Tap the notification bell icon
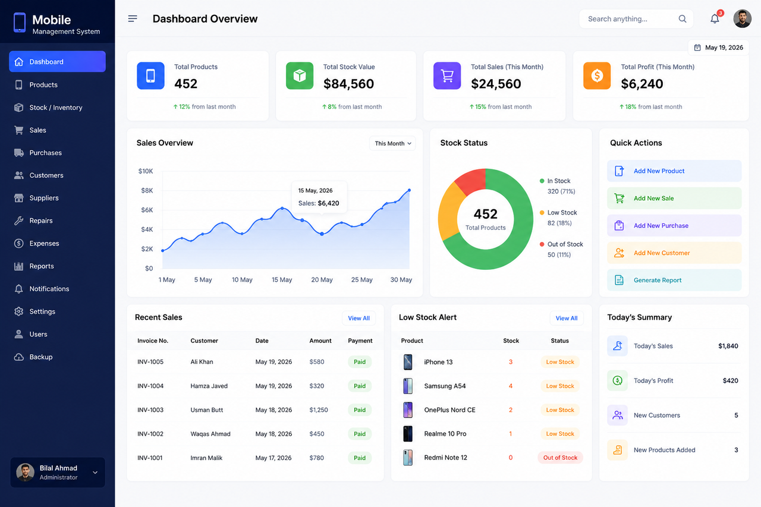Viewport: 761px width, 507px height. (x=715, y=18)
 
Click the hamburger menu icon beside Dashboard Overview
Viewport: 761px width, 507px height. (x=133, y=18)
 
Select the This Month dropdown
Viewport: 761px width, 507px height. (x=392, y=143)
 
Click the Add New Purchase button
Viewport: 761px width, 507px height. (x=674, y=225)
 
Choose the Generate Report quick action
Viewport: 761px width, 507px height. (x=674, y=280)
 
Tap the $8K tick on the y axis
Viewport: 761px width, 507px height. (x=147, y=191)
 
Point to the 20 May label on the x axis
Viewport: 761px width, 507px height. (x=322, y=280)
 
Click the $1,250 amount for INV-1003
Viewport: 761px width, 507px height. (x=318, y=410)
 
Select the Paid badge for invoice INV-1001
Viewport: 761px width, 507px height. (x=360, y=458)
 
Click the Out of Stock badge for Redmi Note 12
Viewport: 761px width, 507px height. (x=560, y=458)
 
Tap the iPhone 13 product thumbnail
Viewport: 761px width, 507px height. (x=408, y=362)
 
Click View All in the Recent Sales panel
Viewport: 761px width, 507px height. (x=359, y=318)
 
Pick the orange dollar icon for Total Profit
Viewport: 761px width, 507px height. (x=597, y=75)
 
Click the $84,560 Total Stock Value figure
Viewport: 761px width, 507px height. (x=348, y=84)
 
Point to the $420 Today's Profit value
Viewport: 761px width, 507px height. (x=731, y=380)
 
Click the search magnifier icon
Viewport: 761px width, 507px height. (x=682, y=18)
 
